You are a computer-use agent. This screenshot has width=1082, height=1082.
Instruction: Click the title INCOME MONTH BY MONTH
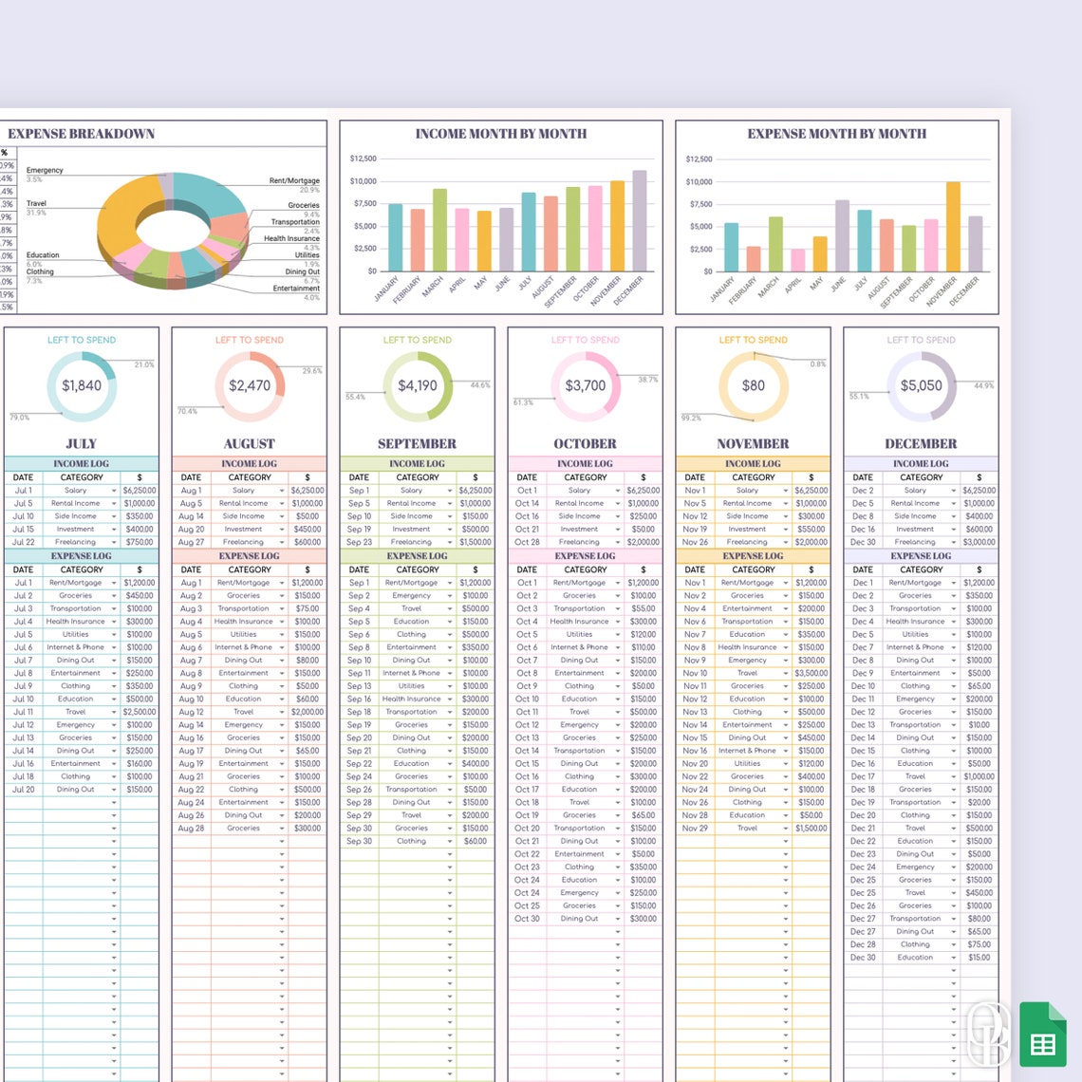click(500, 134)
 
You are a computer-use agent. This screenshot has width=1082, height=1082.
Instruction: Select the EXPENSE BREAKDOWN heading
click(82, 134)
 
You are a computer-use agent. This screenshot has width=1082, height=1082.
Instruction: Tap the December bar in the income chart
click(640, 221)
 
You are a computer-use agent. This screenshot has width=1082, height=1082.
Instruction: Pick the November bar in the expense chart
click(953, 227)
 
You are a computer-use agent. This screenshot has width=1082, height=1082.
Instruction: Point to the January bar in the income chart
click(396, 237)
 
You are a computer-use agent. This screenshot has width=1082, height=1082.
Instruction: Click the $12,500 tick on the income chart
click(363, 159)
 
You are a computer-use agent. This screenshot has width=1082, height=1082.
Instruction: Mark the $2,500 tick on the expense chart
click(699, 249)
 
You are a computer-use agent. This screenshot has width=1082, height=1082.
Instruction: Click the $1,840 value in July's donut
click(82, 385)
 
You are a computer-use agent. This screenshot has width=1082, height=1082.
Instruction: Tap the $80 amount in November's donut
click(753, 385)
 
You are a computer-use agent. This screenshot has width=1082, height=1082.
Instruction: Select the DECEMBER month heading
click(921, 443)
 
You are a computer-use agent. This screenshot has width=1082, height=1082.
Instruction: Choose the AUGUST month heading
click(250, 443)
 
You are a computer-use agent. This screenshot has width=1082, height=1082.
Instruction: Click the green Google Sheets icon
click(1043, 1034)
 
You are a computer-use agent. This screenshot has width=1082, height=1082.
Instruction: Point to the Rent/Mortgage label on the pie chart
click(294, 180)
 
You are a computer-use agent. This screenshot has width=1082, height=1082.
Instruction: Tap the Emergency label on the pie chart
click(45, 170)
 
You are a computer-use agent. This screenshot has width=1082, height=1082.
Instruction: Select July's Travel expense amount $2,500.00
click(140, 712)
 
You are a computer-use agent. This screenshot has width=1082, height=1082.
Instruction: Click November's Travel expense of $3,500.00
click(811, 673)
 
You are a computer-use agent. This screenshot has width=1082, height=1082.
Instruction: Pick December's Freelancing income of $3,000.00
click(979, 542)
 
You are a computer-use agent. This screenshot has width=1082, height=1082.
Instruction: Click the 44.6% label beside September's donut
click(480, 385)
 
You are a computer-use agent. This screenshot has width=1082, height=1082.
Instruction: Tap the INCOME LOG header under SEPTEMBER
click(417, 464)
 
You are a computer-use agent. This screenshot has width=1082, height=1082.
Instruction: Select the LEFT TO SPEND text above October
click(585, 340)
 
